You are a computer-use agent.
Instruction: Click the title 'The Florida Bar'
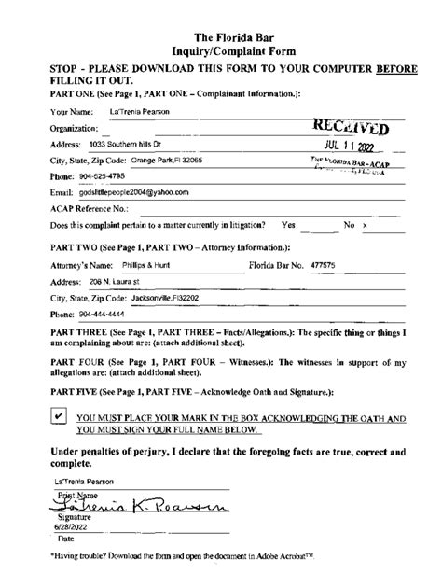(220, 10)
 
